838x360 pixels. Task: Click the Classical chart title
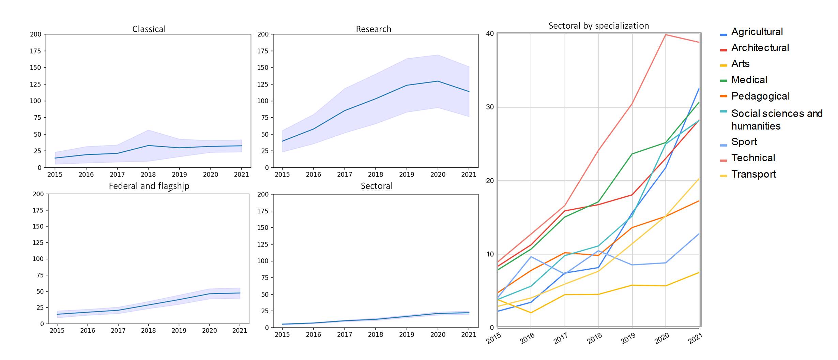(x=149, y=29)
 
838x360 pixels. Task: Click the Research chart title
(x=374, y=29)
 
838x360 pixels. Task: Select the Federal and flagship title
(x=149, y=186)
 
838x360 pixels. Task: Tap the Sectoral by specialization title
(x=598, y=26)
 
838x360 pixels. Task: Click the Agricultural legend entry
(x=757, y=32)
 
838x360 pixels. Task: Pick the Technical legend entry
(x=753, y=158)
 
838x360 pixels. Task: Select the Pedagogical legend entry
(x=760, y=96)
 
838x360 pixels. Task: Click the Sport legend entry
(x=744, y=142)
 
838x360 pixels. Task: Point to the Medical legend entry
(x=749, y=80)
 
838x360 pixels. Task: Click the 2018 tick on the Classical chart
(x=148, y=175)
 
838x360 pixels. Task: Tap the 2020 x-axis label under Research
(x=438, y=175)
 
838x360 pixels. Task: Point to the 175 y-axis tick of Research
(x=263, y=51)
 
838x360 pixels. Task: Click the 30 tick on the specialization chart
(x=490, y=107)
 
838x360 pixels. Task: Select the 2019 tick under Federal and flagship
(x=179, y=330)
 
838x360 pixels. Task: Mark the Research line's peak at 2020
(x=438, y=81)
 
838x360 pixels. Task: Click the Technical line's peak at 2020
(x=666, y=35)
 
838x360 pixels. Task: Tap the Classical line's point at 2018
(x=148, y=146)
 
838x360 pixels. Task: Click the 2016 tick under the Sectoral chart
(x=313, y=334)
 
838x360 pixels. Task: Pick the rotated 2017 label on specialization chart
(x=561, y=338)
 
